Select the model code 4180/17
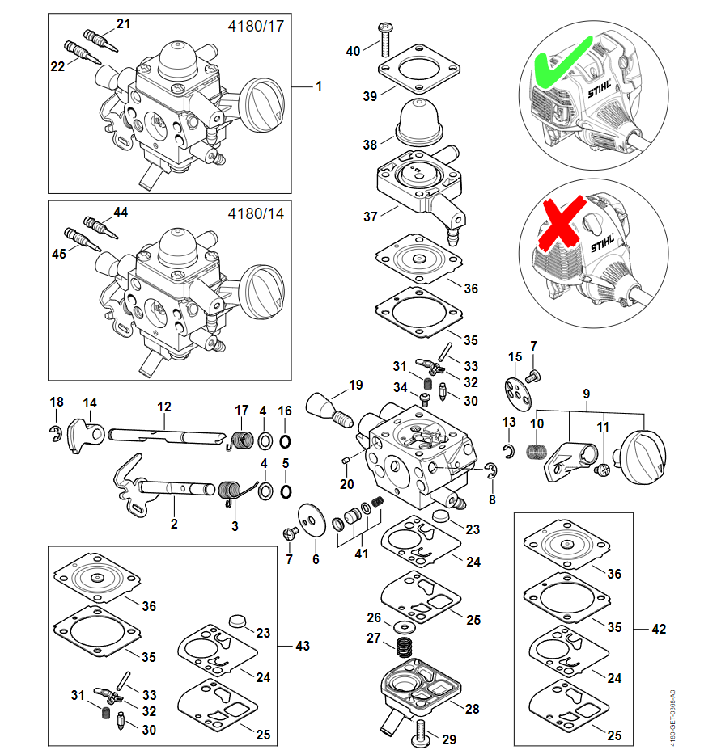pos(257,27)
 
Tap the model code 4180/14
pos(257,215)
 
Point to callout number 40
pos(353,51)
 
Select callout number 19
pos(356,385)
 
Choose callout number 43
pos(303,646)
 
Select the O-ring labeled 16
pos(285,440)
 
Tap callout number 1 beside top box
pos(319,86)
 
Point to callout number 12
pos(164,407)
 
